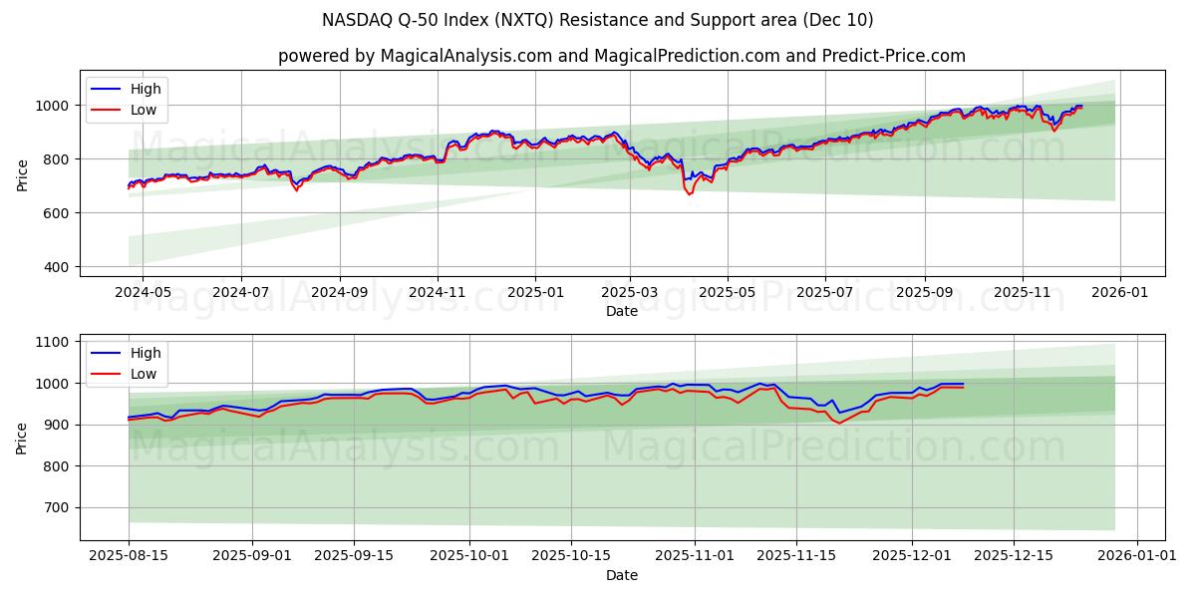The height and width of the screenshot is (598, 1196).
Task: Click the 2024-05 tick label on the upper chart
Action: (143, 293)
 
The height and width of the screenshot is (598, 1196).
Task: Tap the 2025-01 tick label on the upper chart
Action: (535, 293)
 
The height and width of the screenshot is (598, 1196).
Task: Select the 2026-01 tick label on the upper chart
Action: (1120, 293)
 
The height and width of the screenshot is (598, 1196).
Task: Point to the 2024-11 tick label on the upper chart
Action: (437, 293)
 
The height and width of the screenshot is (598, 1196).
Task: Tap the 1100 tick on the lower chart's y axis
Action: (50, 342)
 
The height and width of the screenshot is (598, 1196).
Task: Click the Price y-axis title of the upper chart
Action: (22, 173)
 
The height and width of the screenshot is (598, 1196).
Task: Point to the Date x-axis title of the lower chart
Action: (622, 575)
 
